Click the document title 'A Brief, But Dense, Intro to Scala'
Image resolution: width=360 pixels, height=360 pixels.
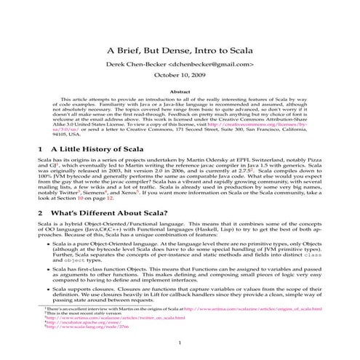[x=180, y=51]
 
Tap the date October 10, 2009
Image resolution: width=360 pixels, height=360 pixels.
[x=180, y=76]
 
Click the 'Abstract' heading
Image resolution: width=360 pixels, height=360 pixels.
[x=180, y=92]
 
